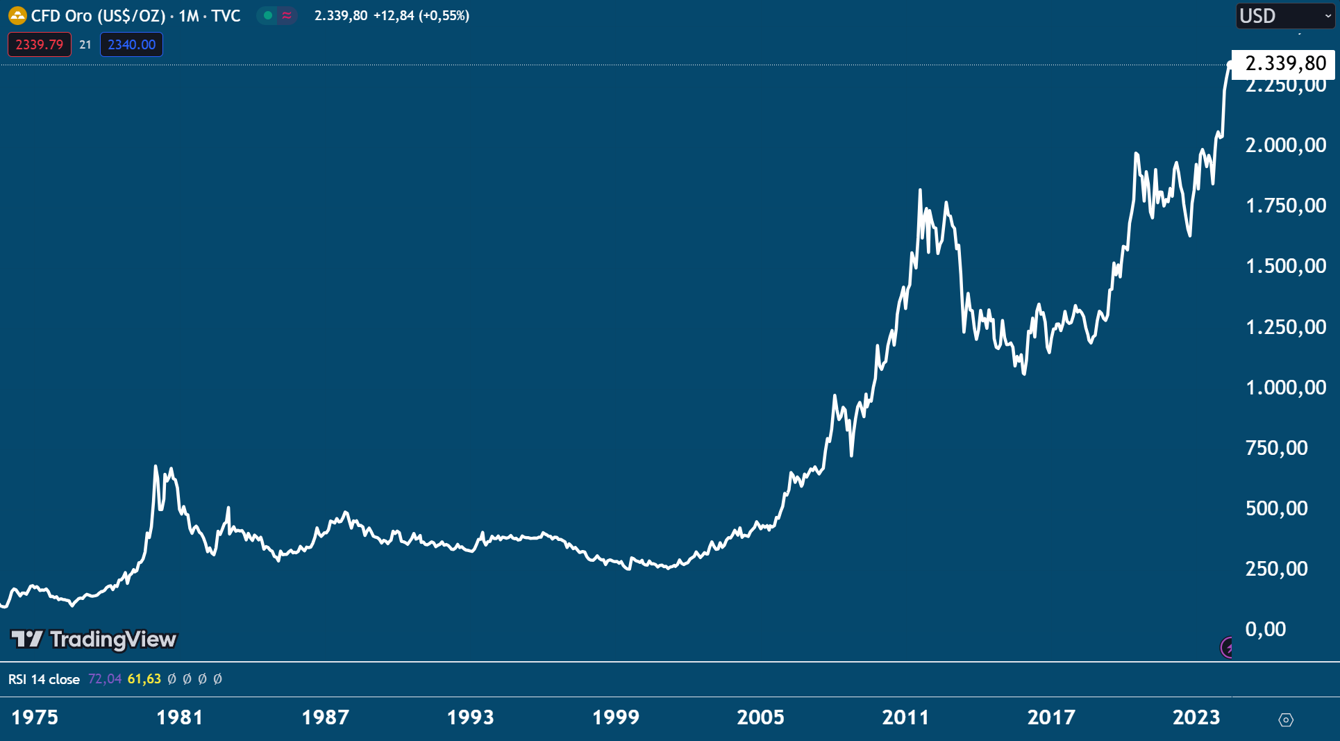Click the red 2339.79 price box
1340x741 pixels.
click(40, 44)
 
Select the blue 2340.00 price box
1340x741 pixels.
click(131, 44)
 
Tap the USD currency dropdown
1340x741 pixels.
click(1285, 15)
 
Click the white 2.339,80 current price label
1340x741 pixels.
click(1284, 64)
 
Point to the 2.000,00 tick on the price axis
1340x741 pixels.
click(1285, 145)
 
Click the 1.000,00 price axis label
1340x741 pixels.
click(1285, 388)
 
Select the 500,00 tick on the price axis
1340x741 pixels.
click(1276, 508)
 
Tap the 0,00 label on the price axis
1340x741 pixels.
click(1265, 629)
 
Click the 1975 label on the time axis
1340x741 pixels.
click(35, 717)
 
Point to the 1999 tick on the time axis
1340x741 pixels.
click(615, 717)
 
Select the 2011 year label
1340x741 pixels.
click(905, 717)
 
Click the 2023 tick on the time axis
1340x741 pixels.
click(1196, 717)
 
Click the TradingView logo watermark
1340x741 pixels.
click(94, 639)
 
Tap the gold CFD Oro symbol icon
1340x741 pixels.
click(17, 15)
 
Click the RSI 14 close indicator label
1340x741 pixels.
click(44, 679)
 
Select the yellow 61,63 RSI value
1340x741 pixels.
click(144, 679)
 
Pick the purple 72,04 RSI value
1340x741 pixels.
click(105, 679)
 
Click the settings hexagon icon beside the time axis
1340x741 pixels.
click(1285, 720)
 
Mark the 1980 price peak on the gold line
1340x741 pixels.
click(156, 467)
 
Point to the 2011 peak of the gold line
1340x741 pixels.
click(920, 190)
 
